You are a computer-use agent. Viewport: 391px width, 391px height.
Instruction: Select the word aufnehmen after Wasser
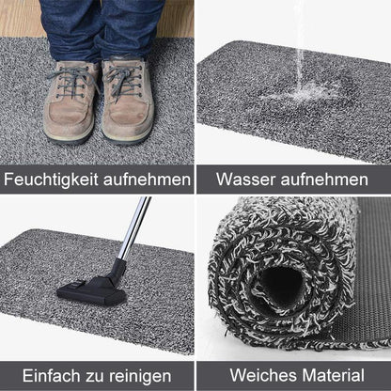[x=329, y=179]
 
